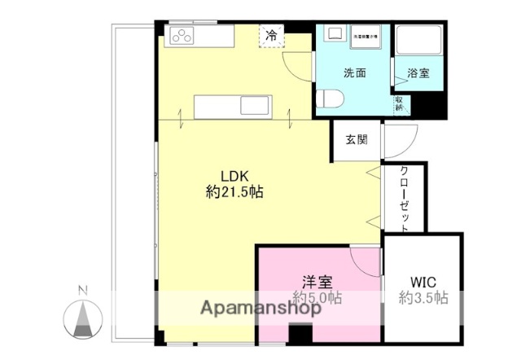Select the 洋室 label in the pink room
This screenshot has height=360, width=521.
317,282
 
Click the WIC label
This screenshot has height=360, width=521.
422,282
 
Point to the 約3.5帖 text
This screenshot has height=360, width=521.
422,298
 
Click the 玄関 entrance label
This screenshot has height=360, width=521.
356,139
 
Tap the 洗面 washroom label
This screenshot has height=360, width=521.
354,72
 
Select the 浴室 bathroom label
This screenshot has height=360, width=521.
418,72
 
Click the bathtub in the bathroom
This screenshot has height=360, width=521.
418,42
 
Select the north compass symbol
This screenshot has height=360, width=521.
82,318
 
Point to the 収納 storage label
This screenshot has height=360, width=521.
400,103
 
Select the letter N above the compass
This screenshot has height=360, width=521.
82,289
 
